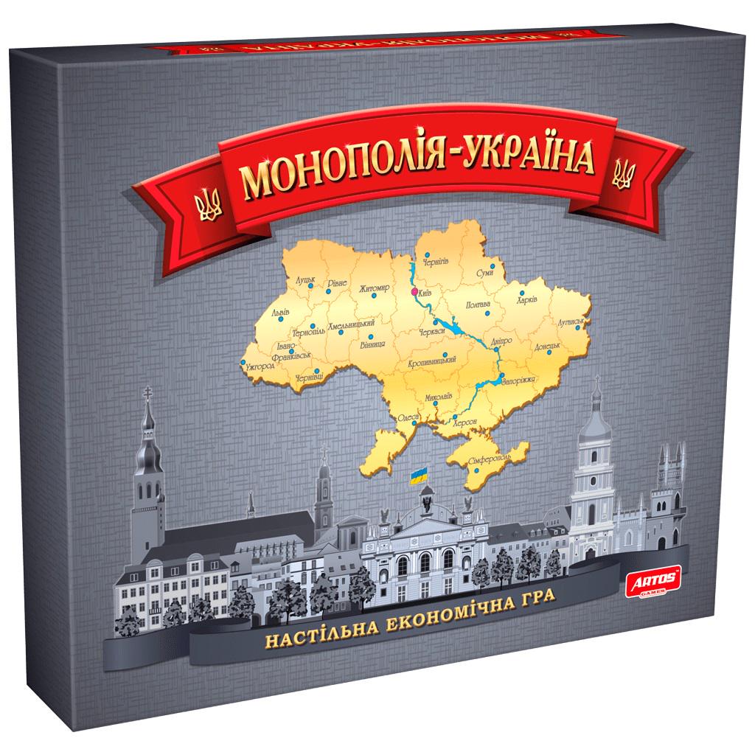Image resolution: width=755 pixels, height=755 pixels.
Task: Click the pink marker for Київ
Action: point(414,292)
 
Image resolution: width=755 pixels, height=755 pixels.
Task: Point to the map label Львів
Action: point(280,313)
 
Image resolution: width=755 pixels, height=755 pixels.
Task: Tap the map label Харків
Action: point(527,300)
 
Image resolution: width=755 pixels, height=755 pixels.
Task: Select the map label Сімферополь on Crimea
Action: point(489,459)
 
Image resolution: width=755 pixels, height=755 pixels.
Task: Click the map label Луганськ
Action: point(571,322)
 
